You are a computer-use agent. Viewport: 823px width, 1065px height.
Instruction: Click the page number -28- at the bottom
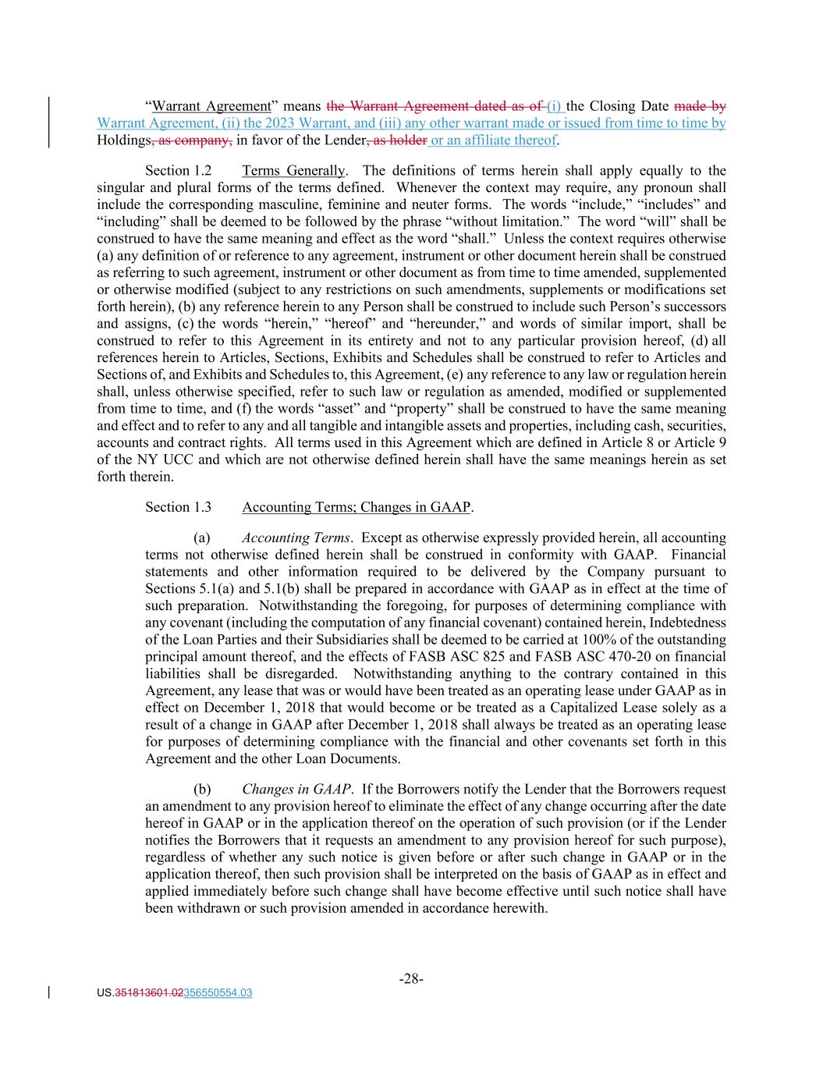(411, 978)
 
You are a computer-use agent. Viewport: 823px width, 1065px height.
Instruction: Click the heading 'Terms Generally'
(293, 171)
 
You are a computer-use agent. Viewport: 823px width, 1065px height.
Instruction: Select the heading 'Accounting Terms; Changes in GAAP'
(357, 507)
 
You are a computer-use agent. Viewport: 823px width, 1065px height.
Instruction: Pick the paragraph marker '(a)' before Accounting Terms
(202, 538)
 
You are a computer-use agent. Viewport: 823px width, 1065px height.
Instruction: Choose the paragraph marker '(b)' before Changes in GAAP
(202, 790)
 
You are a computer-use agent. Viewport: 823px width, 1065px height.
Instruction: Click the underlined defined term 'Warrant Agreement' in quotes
(211, 106)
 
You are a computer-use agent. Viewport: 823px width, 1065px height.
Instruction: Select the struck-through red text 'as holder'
(398, 140)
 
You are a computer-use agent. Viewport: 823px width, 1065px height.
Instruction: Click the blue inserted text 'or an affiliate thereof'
(494, 140)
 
